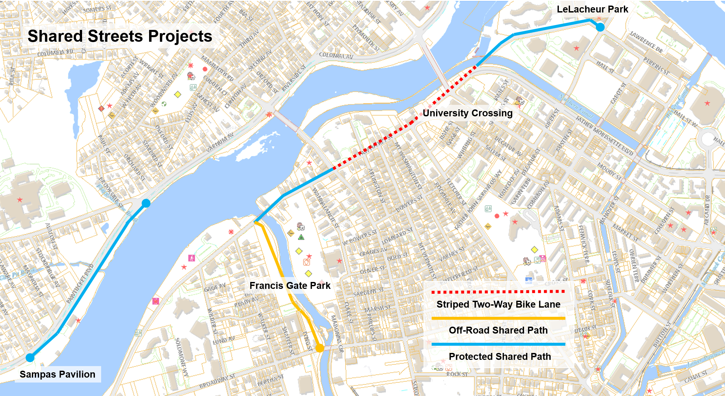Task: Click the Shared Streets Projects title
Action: [x=120, y=36]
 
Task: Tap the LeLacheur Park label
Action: [x=592, y=9]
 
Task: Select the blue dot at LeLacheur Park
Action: [x=600, y=27]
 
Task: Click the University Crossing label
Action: [x=467, y=113]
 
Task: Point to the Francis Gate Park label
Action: [x=290, y=286]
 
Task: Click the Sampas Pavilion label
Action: [x=57, y=374]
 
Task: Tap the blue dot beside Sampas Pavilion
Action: [x=30, y=358]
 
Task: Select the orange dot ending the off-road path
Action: [x=319, y=348]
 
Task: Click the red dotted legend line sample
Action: [x=498, y=291]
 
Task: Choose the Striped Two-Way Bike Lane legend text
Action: [x=498, y=304]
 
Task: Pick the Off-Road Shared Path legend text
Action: [x=498, y=330]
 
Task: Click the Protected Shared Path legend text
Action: [x=500, y=357]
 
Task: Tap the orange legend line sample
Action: [x=498, y=318]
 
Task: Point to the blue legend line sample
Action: [x=498, y=344]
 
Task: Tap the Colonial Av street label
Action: [x=336, y=56]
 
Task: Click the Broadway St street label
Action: [x=217, y=381]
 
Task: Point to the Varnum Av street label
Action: [x=220, y=142]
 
